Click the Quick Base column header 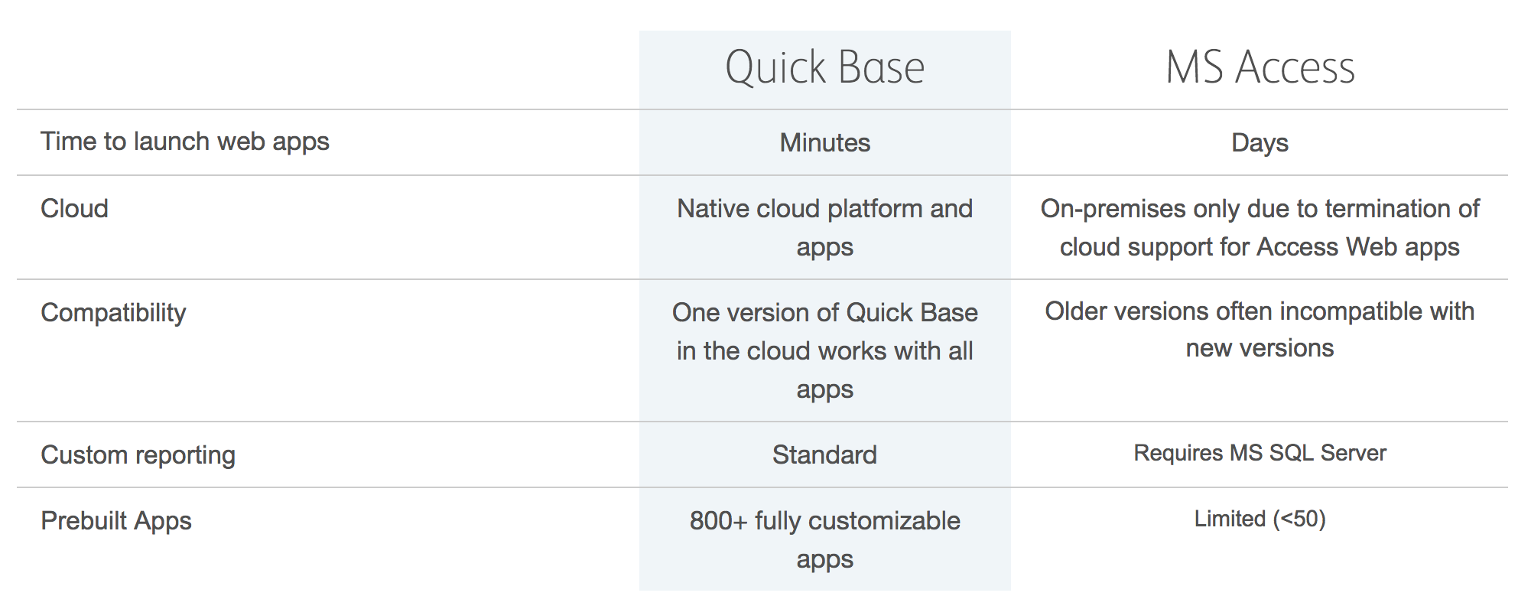(x=824, y=67)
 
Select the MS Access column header (x=1260, y=67)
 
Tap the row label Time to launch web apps (x=185, y=142)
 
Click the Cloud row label (x=74, y=208)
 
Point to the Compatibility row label (x=113, y=313)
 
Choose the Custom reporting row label (x=138, y=455)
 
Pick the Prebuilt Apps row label (x=116, y=521)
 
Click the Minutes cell (x=825, y=142)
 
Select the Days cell (x=1260, y=143)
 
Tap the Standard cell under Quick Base (x=824, y=454)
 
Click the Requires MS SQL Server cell (x=1260, y=453)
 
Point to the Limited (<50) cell (x=1260, y=519)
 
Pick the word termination (x=1390, y=208)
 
